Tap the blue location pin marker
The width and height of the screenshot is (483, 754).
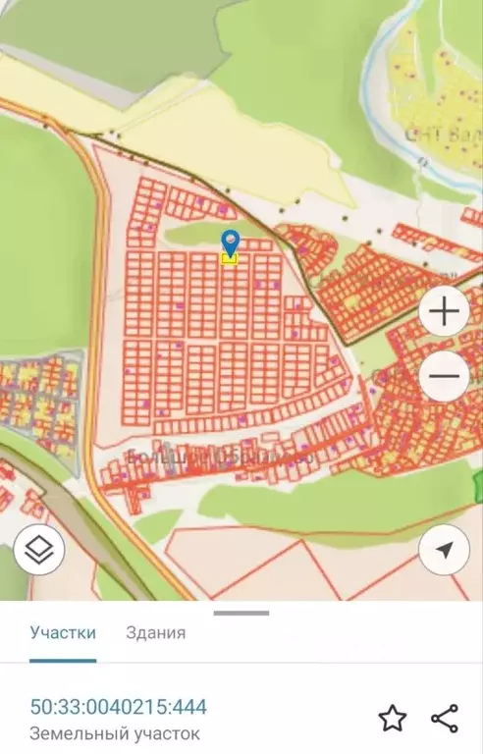230,241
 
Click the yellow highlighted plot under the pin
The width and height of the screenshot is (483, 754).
230,259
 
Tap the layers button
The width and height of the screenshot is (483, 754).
39,551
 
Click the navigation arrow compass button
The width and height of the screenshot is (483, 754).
444,551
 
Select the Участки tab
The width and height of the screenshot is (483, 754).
63,632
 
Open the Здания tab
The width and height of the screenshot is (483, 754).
156,632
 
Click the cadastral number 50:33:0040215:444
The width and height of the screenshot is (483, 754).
119,707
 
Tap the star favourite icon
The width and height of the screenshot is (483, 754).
393,719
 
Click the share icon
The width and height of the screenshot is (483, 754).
445,719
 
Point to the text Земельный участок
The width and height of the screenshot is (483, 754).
115,733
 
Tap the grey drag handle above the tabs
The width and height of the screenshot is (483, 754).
241,614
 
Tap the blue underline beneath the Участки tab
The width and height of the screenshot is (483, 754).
63,660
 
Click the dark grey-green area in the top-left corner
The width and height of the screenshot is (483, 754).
39,25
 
